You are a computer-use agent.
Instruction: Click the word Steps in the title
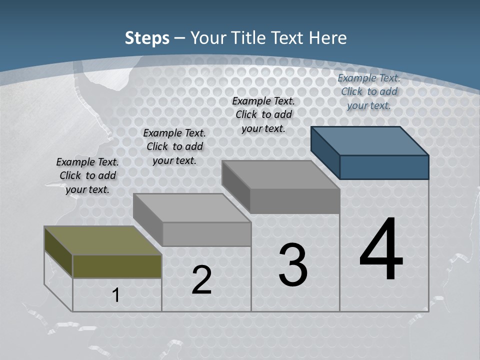(x=147, y=38)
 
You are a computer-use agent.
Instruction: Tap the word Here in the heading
(x=328, y=38)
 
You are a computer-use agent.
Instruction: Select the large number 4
(x=381, y=249)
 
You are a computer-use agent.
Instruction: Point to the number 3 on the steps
(x=293, y=265)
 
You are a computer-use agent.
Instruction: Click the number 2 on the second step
(x=201, y=280)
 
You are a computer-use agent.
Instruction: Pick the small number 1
(x=116, y=295)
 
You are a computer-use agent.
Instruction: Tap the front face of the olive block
(x=117, y=266)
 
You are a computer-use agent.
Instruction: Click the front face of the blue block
(x=384, y=167)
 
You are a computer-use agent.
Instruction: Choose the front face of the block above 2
(x=206, y=234)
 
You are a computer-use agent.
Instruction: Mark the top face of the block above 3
(x=280, y=175)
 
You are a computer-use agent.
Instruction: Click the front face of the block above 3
(x=294, y=201)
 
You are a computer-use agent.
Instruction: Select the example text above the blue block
(x=369, y=91)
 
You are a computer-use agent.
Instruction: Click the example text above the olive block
(x=87, y=175)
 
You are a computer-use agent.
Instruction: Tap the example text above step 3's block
(x=263, y=114)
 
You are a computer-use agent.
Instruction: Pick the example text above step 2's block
(x=174, y=146)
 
